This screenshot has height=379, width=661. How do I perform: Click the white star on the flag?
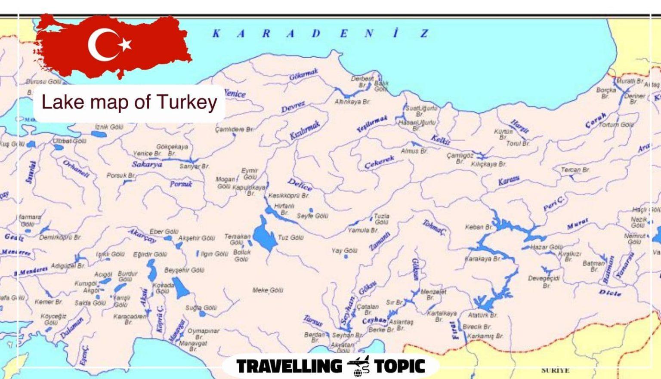[125, 44]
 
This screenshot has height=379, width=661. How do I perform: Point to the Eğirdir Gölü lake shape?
[151, 270]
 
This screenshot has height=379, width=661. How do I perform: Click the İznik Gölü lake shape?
[99, 134]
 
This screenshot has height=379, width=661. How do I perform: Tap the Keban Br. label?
[478, 227]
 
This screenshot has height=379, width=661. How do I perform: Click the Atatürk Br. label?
[483, 315]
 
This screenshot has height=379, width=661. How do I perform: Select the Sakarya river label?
[147, 164]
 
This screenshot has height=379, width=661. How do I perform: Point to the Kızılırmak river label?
[305, 130]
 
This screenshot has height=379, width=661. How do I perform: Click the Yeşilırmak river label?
[372, 124]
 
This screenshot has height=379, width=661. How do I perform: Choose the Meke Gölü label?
[268, 290]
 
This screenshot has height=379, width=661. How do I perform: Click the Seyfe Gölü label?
[312, 216]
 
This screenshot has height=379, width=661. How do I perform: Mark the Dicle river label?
[610, 293]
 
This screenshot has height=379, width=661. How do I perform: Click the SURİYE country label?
[555, 370]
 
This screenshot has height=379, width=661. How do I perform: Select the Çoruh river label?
[596, 121]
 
